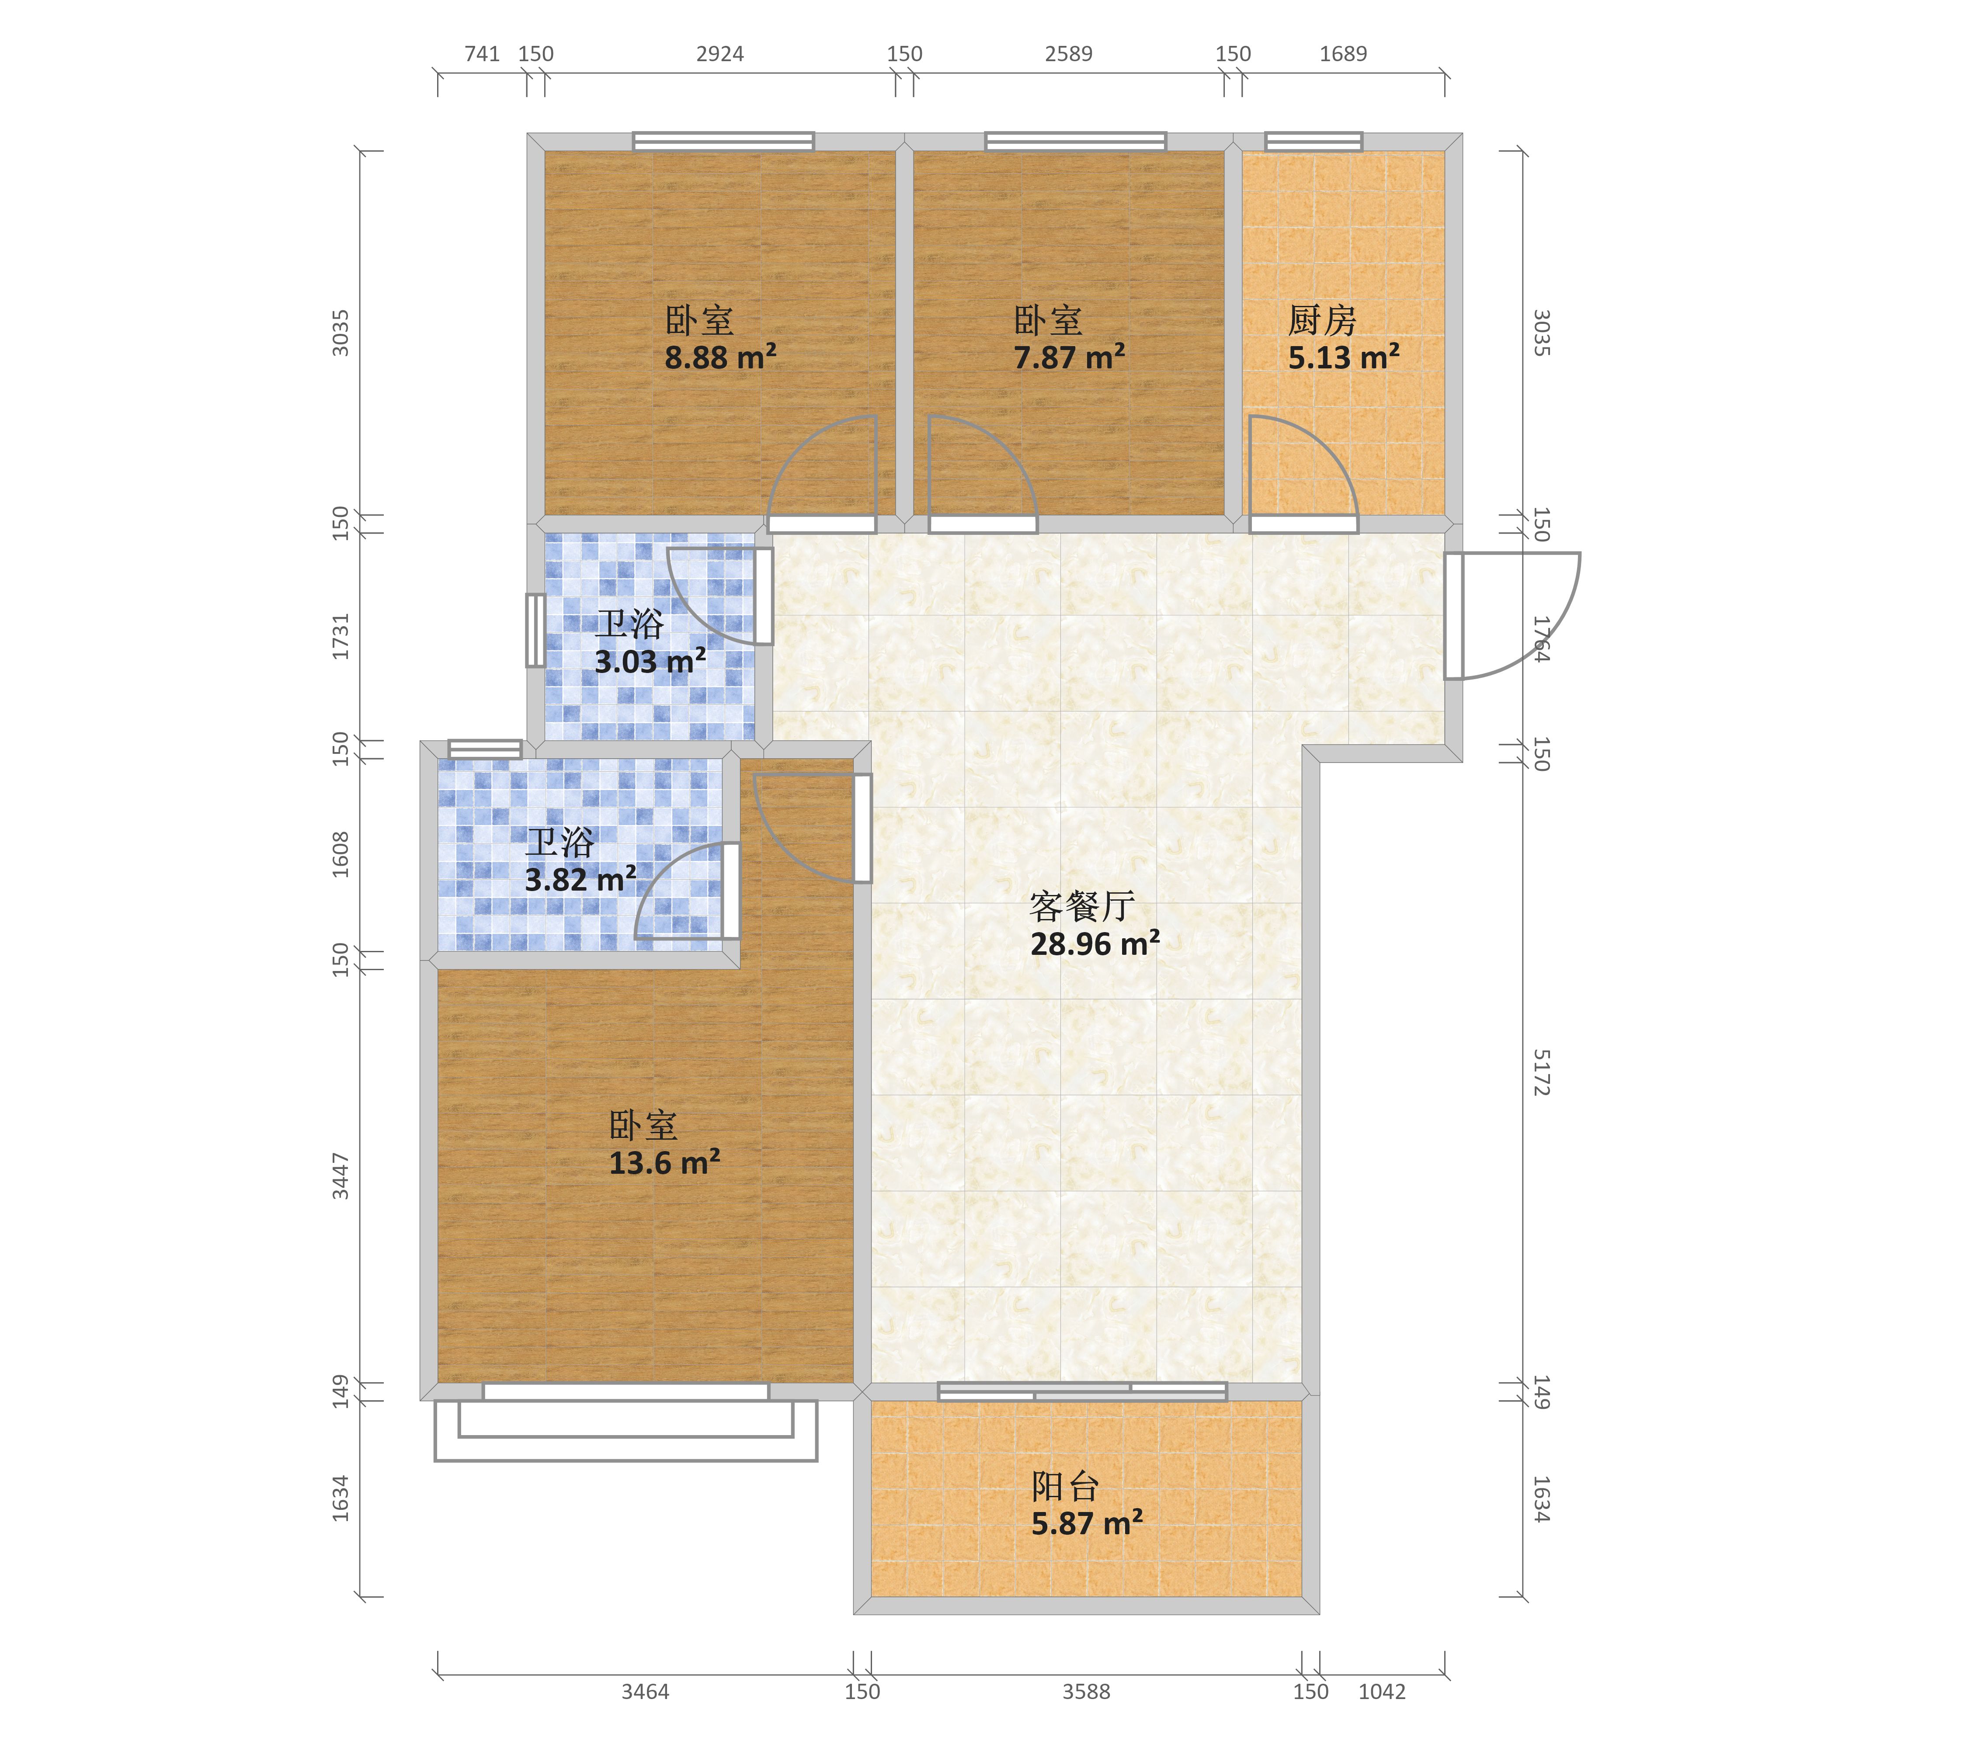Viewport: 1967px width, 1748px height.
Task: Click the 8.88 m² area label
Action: (720, 358)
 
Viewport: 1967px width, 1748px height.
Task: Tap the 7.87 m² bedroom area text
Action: (1069, 358)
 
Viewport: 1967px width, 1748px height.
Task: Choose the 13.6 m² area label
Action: (664, 1163)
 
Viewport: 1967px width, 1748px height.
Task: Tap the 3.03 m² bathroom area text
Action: (650, 662)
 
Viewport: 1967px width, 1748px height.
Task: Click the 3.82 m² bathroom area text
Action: (580, 879)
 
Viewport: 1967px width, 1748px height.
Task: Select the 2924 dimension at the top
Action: (720, 54)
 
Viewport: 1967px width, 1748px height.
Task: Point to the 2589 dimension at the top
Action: (1068, 54)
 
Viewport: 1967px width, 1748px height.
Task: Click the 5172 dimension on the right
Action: (1541, 1073)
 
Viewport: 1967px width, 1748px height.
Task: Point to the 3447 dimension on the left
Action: (341, 1176)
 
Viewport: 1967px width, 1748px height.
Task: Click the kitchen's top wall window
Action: (1314, 142)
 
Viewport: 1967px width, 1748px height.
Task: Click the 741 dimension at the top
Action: (482, 54)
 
